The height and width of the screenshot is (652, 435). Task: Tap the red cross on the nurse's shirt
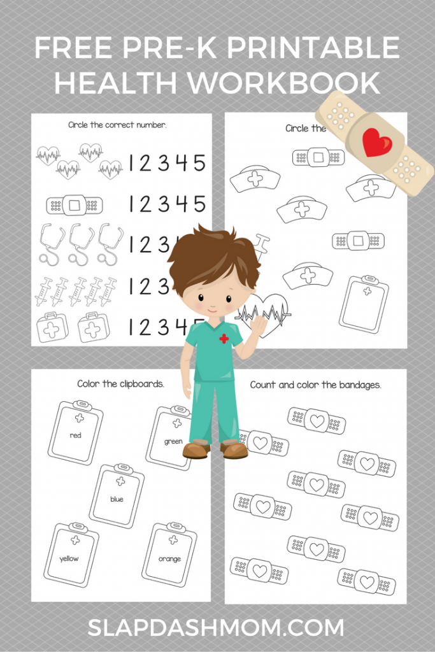click(224, 339)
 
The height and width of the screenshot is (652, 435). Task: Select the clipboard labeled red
click(75, 433)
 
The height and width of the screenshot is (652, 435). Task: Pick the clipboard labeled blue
click(117, 495)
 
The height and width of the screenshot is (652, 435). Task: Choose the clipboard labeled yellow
click(71, 555)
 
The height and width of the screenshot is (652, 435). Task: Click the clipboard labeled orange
click(169, 555)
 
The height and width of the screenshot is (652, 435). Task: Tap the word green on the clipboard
click(173, 441)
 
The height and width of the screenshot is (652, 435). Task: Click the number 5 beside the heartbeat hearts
click(199, 162)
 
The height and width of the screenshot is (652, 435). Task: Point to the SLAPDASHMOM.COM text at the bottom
click(217, 628)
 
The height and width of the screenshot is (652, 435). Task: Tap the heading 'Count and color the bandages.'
click(315, 385)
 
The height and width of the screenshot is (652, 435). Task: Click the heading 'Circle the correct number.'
click(118, 125)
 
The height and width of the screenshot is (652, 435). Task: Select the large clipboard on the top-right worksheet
click(364, 304)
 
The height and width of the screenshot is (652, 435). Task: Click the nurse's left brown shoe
click(196, 450)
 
